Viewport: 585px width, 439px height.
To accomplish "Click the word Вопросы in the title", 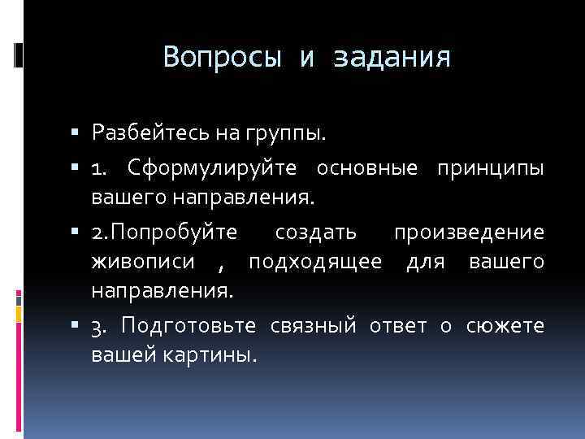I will (222, 58).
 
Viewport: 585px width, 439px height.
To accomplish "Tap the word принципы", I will (491, 168).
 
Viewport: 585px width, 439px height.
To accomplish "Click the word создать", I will (315, 233).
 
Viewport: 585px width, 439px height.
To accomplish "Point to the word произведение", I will (469, 233).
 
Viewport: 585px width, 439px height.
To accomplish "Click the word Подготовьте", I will (188, 327).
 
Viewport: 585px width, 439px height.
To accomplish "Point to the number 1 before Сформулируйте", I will (97, 168).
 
